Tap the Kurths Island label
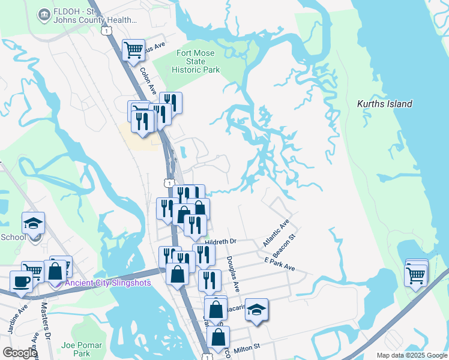[x=384, y=104]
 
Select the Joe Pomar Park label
[x=82, y=349]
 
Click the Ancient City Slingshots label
[x=108, y=283]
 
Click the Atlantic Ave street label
[x=276, y=233]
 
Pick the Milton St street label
[x=246, y=347]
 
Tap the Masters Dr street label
[x=45, y=320]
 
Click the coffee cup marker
[x=21, y=281]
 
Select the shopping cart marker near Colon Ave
[x=133, y=49]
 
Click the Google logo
[x=20, y=353]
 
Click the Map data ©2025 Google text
[x=411, y=355]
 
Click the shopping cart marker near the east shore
[x=416, y=275]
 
